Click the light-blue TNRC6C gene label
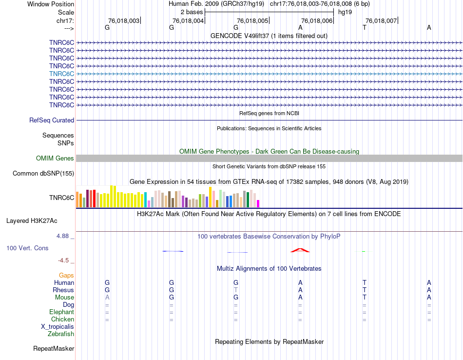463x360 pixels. (61, 74)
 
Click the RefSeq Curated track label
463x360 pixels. (52, 120)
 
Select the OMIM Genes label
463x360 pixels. (55, 158)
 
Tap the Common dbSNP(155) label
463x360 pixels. (43, 173)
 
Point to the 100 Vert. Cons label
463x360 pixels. (27, 248)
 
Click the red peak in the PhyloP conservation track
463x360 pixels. (300, 250)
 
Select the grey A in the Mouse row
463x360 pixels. (107, 297)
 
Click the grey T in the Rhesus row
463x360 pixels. (236, 290)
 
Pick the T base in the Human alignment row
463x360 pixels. (364, 282)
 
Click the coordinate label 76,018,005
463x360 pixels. (252, 20)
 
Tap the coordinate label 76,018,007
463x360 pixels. (381, 20)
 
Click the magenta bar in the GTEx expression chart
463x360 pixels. (258, 203)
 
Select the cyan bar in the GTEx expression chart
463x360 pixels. (145, 199)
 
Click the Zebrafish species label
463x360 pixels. (61, 334)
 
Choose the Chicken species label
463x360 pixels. (62, 319)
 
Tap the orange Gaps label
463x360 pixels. (66, 276)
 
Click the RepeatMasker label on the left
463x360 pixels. (54, 349)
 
